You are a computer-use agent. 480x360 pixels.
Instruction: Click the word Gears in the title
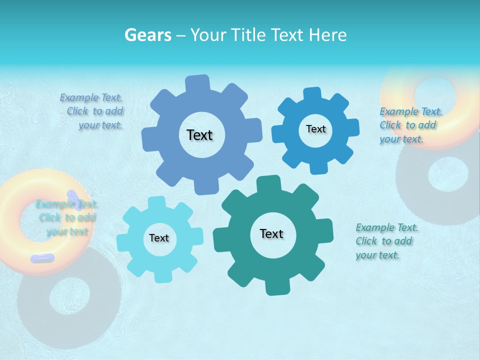147,35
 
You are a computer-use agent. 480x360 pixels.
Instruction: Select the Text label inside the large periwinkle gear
199,135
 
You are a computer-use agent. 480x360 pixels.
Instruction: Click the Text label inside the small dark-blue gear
315,129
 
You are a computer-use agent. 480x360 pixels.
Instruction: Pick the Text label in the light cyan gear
159,238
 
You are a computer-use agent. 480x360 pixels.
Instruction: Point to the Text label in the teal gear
271,234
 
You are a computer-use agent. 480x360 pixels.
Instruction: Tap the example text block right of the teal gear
386,241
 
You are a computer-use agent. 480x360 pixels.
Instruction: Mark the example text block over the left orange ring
66,218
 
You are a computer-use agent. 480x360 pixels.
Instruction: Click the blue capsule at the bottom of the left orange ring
42,258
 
